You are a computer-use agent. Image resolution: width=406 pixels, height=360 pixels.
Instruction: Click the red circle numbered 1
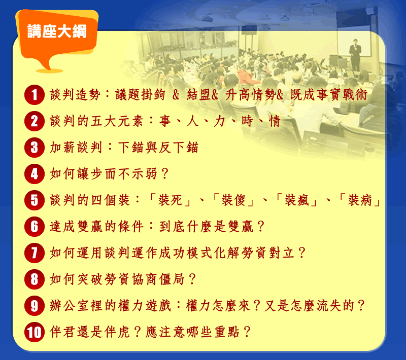35,95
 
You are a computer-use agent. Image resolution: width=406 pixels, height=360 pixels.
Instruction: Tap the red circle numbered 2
35,121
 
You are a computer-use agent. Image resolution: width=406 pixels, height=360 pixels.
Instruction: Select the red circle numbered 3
35,148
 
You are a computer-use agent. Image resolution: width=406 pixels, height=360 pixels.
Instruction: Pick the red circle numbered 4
35,174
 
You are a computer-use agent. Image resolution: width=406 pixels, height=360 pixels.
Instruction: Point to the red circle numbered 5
35,200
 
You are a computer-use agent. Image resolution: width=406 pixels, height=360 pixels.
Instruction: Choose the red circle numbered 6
35,227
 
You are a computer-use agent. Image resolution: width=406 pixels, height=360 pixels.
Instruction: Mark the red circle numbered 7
35,253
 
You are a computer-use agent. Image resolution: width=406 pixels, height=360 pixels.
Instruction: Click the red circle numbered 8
35,279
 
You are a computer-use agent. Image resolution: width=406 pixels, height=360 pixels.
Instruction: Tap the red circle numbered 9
35,306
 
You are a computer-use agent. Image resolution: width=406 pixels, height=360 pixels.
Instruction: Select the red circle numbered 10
35,332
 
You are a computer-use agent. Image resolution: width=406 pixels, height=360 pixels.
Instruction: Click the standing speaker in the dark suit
355,55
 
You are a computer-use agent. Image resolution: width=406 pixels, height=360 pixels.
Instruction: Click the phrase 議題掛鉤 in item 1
140,95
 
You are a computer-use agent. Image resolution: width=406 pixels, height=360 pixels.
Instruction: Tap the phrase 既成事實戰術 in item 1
329,95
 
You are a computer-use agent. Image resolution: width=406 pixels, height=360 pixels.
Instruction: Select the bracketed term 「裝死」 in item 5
170,200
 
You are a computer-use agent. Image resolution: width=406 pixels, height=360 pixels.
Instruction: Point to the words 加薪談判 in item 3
75,148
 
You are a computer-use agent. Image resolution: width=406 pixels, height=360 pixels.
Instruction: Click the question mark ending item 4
164,174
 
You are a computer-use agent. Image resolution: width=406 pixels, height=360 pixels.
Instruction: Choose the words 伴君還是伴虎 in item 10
89,332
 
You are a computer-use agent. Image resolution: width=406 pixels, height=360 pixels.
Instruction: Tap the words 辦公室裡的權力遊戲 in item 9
110,306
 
